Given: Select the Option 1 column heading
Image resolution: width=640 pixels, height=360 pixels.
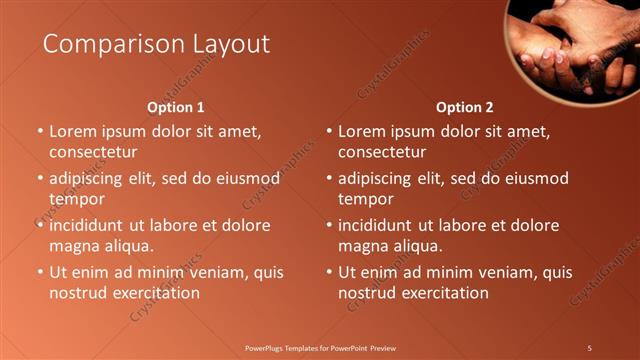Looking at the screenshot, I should (x=176, y=107).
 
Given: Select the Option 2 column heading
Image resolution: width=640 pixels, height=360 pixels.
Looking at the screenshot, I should (x=465, y=107).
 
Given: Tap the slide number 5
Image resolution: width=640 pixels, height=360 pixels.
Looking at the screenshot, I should (x=589, y=347).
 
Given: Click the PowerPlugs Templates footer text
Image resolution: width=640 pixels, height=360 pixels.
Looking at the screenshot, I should (x=320, y=347).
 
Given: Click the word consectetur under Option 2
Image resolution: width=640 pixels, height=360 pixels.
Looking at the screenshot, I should (x=382, y=152).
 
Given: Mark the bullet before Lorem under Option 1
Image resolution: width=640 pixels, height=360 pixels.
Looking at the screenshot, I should (x=40, y=131).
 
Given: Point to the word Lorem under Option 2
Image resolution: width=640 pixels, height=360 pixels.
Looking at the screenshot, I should (x=362, y=131).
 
